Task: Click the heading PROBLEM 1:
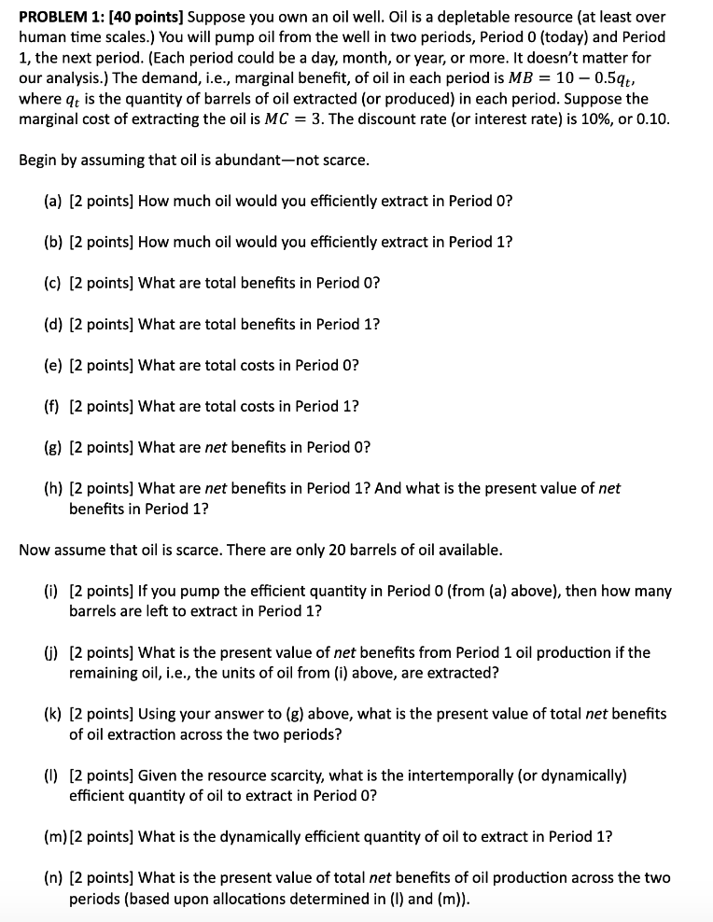(63, 16)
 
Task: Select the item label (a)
(53, 201)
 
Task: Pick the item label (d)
(53, 324)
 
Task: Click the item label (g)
(53, 446)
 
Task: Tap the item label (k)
(53, 714)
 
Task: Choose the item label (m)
(55, 836)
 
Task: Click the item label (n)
(53, 877)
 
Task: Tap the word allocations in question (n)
(250, 899)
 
